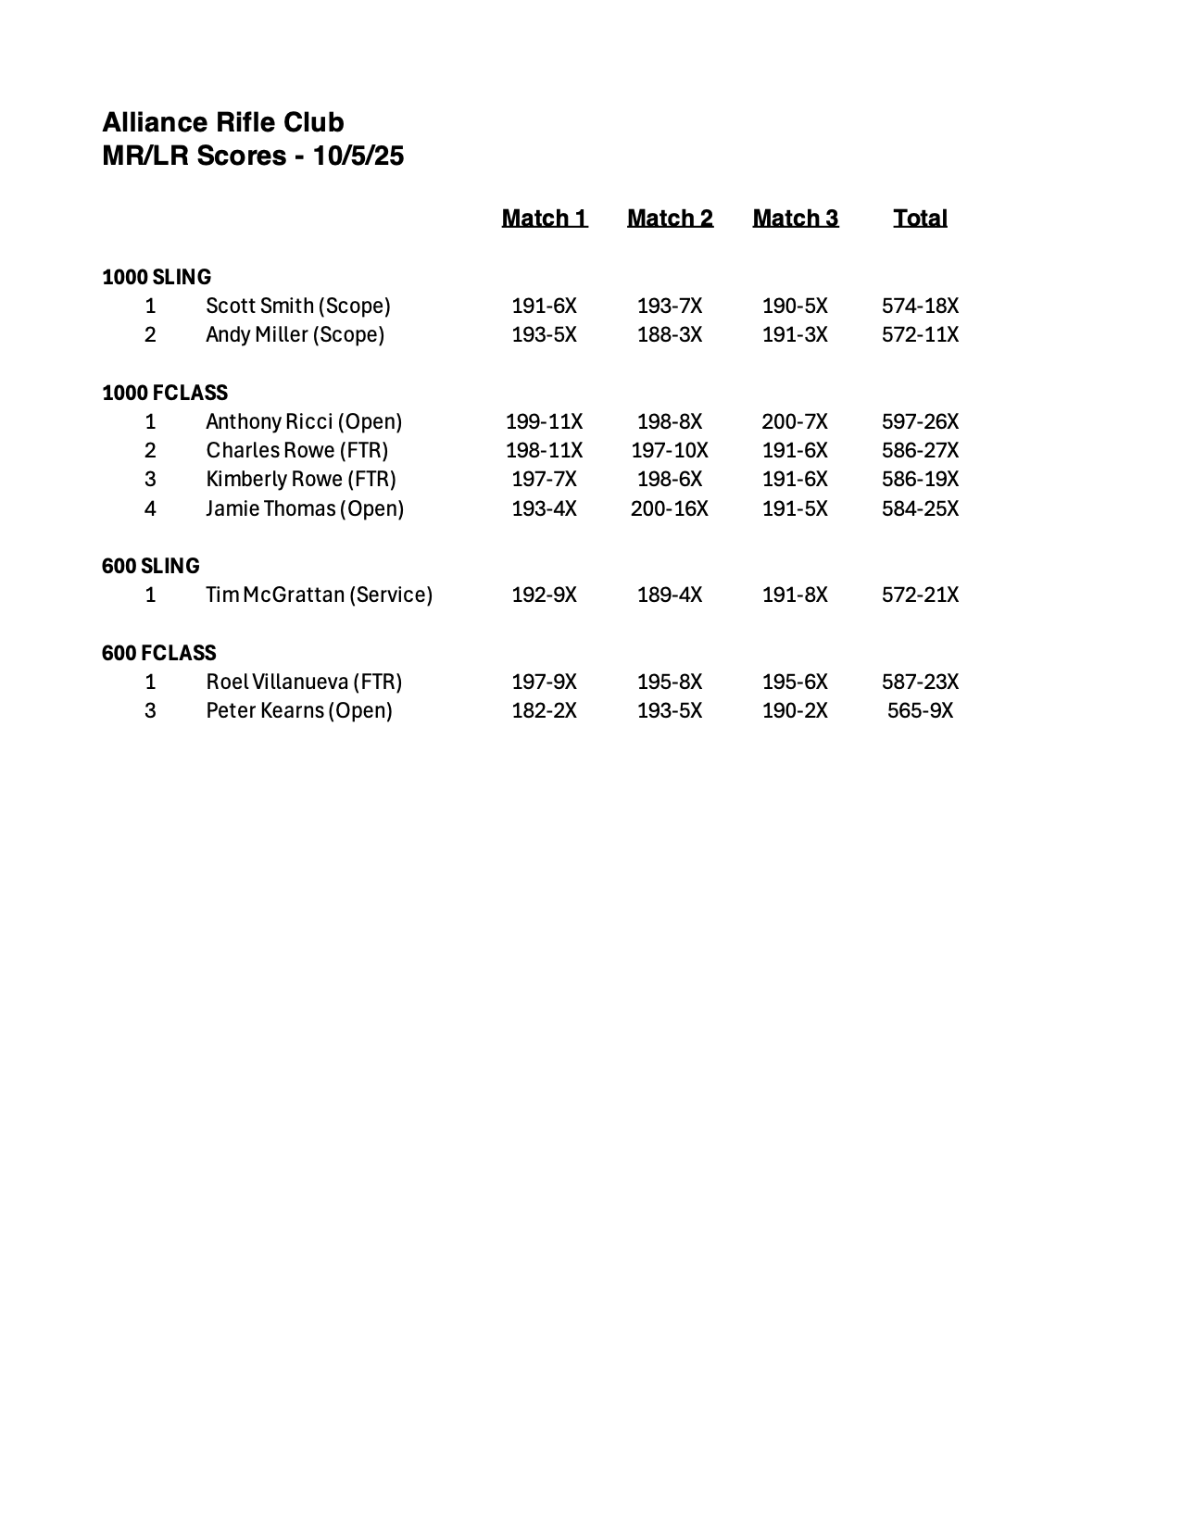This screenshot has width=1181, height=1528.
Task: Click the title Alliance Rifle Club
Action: point(223,122)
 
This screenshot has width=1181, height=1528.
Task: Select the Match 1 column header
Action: point(545,218)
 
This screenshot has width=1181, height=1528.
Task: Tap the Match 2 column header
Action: point(670,218)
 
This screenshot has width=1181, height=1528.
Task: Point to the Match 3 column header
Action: point(796,218)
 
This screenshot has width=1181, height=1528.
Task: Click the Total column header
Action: point(920,218)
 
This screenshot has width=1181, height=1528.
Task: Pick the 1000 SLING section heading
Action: point(157,277)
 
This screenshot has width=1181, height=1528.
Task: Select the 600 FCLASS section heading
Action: point(159,653)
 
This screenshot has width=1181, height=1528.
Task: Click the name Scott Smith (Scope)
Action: point(298,306)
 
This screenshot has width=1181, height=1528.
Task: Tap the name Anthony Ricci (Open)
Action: point(304,421)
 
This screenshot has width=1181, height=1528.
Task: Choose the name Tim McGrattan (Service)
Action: point(319,595)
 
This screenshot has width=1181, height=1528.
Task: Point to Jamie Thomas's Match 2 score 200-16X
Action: point(670,508)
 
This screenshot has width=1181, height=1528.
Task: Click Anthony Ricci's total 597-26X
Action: point(920,421)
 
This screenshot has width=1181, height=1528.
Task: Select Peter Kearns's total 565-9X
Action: point(920,710)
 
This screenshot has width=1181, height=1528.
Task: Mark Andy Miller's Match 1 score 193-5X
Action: point(545,334)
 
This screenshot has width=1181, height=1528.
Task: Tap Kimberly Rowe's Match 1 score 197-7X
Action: point(545,479)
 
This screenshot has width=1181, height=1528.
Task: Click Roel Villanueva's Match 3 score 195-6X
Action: point(795,682)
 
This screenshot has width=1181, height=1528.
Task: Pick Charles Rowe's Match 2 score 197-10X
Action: point(670,450)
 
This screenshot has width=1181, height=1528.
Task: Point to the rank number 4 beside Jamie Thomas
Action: point(150,508)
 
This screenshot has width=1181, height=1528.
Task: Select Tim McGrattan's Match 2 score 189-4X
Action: point(670,595)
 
